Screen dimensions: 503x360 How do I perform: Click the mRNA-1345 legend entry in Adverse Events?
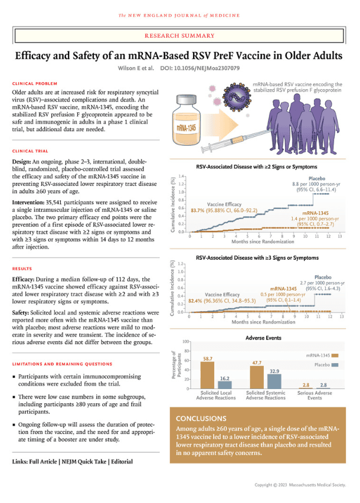click(x=319, y=356)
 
